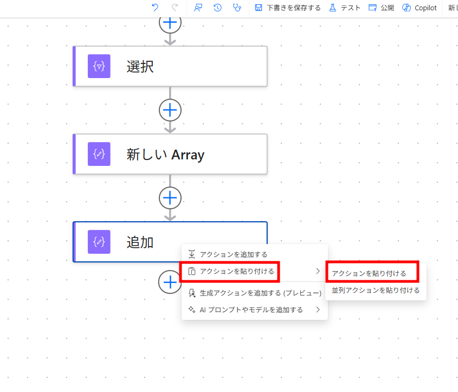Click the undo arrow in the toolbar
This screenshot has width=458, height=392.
pyautogui.click(x=155, y=8)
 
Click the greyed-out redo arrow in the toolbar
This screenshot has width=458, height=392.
pyautogui.click(x=175, y=8)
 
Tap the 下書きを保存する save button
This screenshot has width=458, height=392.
pyautogui.click(x=288, y=8)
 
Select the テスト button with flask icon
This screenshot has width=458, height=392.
pyautogui.click(x=345, y=8)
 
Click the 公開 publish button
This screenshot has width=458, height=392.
pyautogui.click(x=381, y=8)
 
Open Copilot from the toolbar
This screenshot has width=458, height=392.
pyautogui.click(x=420, y=8)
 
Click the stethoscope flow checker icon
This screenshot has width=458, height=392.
pyautogui.click(x=237, y=8)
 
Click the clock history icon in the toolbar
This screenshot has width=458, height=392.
pyautogui.click(x=217, y=8)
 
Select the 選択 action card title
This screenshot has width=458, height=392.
pyautogui.click(x=140, y=67)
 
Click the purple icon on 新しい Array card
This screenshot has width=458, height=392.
pyautogui.click(x=99, y=154)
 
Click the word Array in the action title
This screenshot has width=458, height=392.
pyautogui.click(x=188, y=155)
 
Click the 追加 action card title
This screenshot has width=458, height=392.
pyautogui.click(x=140, y=242)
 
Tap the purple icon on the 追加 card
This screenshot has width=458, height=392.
pyautogui.click(x=99, y=242)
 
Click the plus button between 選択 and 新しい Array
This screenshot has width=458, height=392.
pyautogui.click(x=170, y=110)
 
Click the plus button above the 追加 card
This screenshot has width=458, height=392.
pyautogui.click(x=170, y=198)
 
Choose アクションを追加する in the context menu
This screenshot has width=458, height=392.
pyautogui.click(x=234, y=254)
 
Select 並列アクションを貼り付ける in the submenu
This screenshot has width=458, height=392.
pyautogui.click(x=376, y=290)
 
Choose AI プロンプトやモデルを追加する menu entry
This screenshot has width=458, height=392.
pyautogui.click(x=251, y=310)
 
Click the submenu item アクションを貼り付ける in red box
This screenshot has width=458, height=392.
pyautogui.click(x=369, y=273)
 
